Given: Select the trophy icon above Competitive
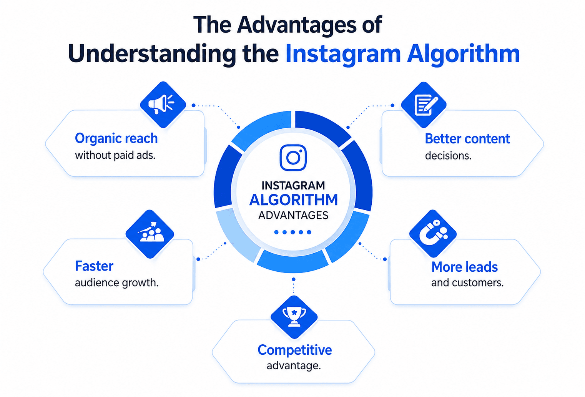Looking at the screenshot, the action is [x=294, y=317].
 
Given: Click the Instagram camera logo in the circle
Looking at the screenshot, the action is [x=293, y=158].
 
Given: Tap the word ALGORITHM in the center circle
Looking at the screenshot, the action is [x=294, y=200].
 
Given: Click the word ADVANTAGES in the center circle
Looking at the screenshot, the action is [x=293, y=216].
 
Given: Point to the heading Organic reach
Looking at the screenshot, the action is [x=116, y=138].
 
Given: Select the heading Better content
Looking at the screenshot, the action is [x=467, y=139].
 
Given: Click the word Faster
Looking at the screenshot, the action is [x=94, y=266].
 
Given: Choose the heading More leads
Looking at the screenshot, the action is [x=464, y=267].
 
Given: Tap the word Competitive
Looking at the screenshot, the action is [x=294, y=350].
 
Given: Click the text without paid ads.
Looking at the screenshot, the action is [x=115, y=155].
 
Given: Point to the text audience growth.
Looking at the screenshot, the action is [x=117, y=282].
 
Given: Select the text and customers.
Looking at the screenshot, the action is [x=467, y=282].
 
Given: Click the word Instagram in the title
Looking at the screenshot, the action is [x=343, y=54].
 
